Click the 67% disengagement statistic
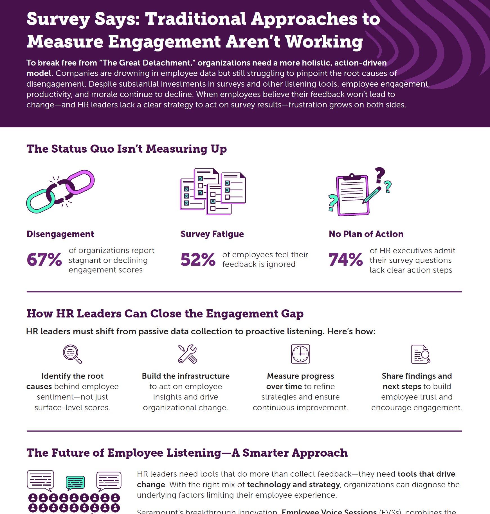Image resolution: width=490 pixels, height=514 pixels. point(44,260)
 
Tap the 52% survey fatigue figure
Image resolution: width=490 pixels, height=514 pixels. point(198,260)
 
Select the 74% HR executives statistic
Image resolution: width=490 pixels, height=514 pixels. point(346,260)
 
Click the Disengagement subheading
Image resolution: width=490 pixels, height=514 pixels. point(60,234)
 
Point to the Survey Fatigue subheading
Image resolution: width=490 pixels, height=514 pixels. point(212,234)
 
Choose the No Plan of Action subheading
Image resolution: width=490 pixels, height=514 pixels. point(366,234)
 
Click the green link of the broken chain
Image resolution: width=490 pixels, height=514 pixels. point(39,201)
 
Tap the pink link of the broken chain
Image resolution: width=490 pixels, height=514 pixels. point(82,181)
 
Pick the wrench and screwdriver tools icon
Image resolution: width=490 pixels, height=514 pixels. point(188,354)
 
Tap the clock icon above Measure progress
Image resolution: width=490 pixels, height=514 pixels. point(300,354)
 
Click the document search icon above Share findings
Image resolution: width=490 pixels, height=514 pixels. point(421,354)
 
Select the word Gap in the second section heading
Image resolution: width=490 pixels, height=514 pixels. point(292,314)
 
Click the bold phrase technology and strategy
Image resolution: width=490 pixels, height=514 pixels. point(293,485)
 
